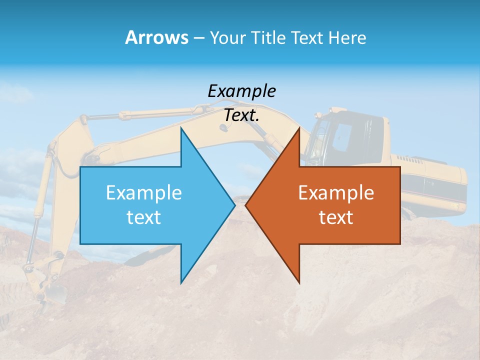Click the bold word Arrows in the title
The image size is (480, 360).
click(156, 37)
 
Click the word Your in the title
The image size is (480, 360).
click(228, 37)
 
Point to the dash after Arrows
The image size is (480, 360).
click(198, 38)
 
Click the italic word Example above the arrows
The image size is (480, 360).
click(241, 91)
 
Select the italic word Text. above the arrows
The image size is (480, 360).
click(241, 115)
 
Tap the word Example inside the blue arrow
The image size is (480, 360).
click(144, 193)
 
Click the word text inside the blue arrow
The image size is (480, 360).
click(144, 217)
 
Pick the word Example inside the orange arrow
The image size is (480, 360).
click(336, 193)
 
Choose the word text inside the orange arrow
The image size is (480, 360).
click(336, 217)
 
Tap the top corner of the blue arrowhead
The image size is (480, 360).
click(181, 129)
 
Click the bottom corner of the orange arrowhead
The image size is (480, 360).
click(299, 282)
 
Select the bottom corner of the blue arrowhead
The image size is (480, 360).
click(181, 282)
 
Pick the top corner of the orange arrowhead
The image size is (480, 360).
click(299, 129)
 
